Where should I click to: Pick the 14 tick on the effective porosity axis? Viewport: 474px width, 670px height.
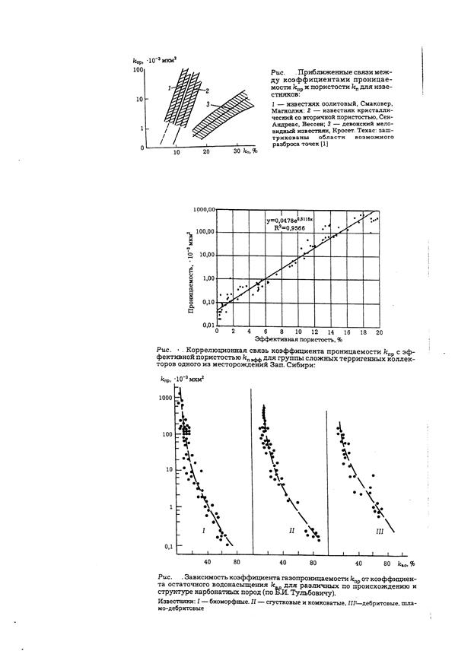(330, 332)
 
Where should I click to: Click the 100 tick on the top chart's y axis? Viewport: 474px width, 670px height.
(138, 69)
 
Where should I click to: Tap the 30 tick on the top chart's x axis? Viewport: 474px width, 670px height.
(237, 153)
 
